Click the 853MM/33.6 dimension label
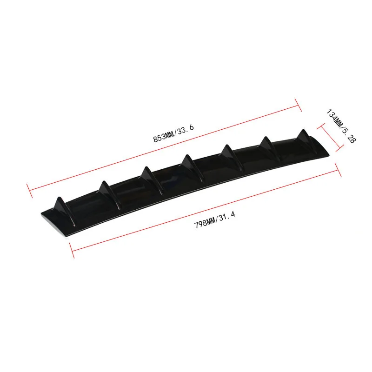click(x=173, y=133)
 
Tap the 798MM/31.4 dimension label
click(x=215, y=220)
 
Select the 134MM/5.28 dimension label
click(x=341, y=126)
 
